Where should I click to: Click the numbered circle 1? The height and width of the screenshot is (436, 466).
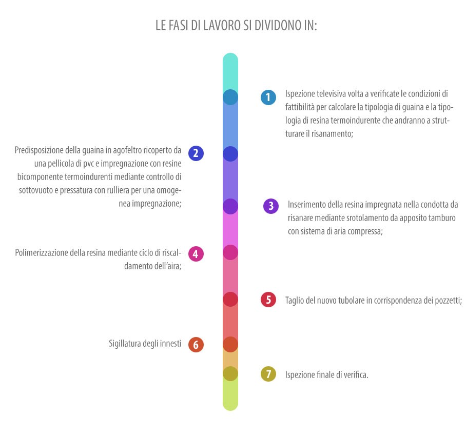click(x=268, y=97)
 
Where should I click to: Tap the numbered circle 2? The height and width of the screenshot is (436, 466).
click(x=196, y=153)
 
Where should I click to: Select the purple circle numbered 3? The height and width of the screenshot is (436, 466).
click(x=271, y=206)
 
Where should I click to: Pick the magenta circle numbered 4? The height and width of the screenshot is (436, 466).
click(x=196, y=254)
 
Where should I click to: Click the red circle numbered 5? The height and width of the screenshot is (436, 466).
click(x=268, y=300)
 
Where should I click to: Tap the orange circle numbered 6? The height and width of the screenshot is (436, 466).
click(x=196, y=345)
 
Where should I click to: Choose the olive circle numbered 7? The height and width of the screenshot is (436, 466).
click(x=268, y=374)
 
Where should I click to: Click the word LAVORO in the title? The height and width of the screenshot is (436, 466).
click(x=222, y=26)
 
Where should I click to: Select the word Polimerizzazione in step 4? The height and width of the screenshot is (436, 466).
click(x=41, y=253)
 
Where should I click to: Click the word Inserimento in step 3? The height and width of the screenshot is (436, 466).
click(x=307, y=205)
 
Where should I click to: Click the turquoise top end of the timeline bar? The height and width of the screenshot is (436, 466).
click(x=230, y=56)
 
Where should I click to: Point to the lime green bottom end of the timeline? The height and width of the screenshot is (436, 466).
click(x=230, y=407)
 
